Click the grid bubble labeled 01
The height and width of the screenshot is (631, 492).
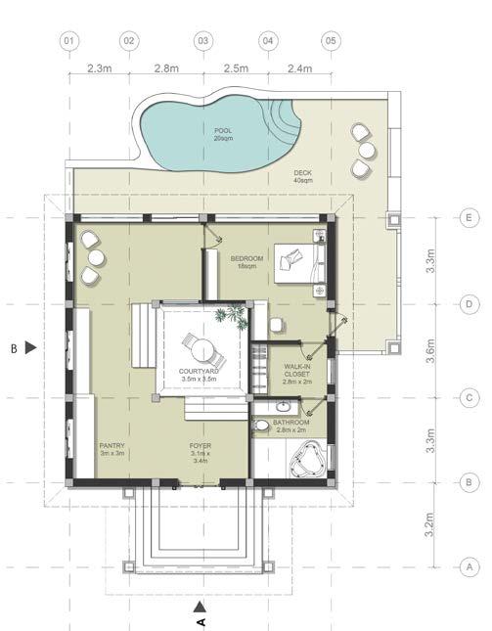[69, 41]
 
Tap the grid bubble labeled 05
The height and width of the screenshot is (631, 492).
[331, 41]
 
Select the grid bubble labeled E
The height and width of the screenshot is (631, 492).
[469, 218]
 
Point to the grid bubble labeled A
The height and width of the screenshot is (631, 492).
[469, 567]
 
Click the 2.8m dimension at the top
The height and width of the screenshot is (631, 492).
[166, 68]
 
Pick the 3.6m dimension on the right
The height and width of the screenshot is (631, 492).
[430, 351]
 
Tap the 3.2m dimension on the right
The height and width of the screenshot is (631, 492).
[430, 524]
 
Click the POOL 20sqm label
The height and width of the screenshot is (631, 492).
[223, 134]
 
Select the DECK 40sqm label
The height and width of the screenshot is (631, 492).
[302, 177]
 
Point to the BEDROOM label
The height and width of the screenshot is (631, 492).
[246, 258]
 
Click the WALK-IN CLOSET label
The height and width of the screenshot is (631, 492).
[297, 370]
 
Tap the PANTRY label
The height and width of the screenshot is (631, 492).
[112, 445]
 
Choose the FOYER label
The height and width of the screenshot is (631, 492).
[201, 446]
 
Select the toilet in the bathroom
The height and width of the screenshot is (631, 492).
[260, 425]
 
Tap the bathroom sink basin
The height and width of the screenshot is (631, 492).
[285, 407]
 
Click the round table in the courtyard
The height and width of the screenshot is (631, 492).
[202, 350]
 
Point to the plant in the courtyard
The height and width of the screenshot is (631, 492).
[231, 317]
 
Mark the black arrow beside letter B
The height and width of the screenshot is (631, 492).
[30, 347]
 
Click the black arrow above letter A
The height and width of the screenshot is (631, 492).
[200, 607]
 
